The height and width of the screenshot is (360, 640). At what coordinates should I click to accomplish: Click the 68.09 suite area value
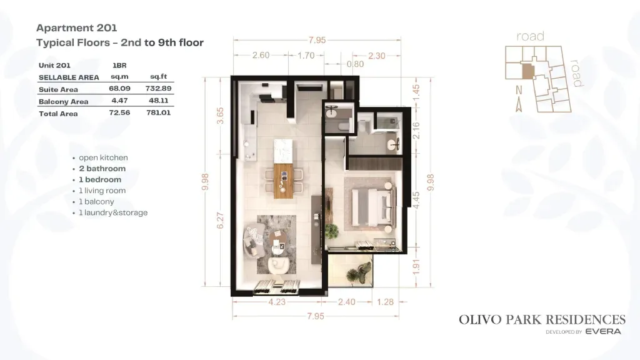point(119,88)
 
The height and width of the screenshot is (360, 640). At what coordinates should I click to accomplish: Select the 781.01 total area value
point(158,112)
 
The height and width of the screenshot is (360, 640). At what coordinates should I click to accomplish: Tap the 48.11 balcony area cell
point(158,101)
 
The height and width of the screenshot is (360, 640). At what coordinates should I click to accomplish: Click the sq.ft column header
point(158,76)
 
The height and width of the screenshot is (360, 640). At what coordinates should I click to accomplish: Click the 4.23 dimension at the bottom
point(277,302)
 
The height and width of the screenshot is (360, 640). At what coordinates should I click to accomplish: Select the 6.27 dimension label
point(221,221)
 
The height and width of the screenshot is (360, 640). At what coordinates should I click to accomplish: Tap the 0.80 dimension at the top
point(355,64)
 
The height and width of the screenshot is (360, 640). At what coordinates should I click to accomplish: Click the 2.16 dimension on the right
point(416,131)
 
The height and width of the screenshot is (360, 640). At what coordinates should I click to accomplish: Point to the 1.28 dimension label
point(385,302)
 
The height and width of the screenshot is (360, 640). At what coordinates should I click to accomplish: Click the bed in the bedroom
point(374,207)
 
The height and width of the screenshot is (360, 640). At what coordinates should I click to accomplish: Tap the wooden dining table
point(284,181)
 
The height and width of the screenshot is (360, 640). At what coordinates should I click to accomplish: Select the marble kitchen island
point(284,151)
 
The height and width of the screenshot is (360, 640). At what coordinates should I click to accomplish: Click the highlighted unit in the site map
point(528,71)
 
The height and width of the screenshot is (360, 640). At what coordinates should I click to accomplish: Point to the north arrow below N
point(519,104)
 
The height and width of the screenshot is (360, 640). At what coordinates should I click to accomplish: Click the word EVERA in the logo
point(603,331)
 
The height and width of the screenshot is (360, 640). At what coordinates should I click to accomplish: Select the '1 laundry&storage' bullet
point(113,212)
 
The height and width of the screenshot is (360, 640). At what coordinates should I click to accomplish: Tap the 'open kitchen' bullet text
point(103,157)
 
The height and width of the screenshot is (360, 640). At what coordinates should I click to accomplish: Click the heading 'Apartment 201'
point(77,27)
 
